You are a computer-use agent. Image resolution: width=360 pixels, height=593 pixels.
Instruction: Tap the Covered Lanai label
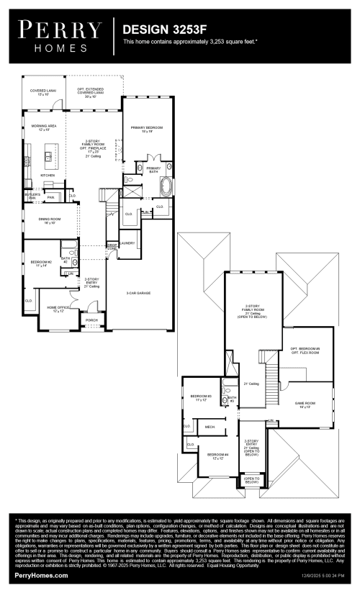[x=39, y=93]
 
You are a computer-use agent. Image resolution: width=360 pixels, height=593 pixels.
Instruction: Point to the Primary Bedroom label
[x=147, y=129]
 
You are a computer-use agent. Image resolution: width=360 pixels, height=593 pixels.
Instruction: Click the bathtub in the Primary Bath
[x=166, y=187]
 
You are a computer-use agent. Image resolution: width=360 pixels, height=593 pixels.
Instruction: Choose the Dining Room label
[x=45, y=220]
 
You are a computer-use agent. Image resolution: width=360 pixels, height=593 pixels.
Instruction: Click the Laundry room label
[x=128, y=243]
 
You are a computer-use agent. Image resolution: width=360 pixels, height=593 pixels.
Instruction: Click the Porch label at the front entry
[x=91, y=320]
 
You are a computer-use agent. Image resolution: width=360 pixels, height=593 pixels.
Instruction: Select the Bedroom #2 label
[x=40, y=263]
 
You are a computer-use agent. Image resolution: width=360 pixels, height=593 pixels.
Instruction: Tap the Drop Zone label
[x=112, y=247]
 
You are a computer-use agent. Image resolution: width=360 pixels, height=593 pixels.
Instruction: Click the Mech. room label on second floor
[x=210, y=427]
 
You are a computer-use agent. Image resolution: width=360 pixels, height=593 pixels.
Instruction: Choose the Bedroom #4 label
[x=217, y=456]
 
